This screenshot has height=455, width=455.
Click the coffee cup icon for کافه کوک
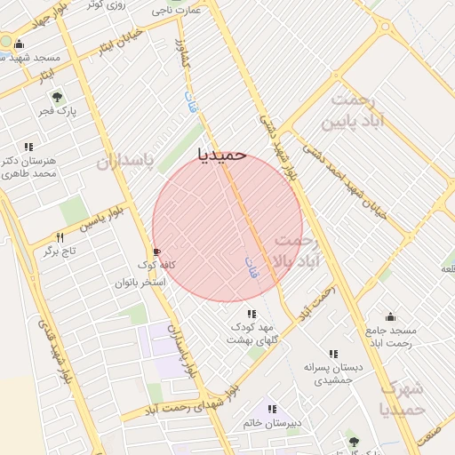157,251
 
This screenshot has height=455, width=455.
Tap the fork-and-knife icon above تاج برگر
60,237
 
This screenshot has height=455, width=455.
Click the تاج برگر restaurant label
60,252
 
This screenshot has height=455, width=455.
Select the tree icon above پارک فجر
58,97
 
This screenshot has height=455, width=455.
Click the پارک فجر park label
58,112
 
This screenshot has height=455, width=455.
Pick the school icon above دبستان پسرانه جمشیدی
333,354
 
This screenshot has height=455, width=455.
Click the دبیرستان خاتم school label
271,423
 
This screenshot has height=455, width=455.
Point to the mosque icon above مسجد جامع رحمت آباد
390,316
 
